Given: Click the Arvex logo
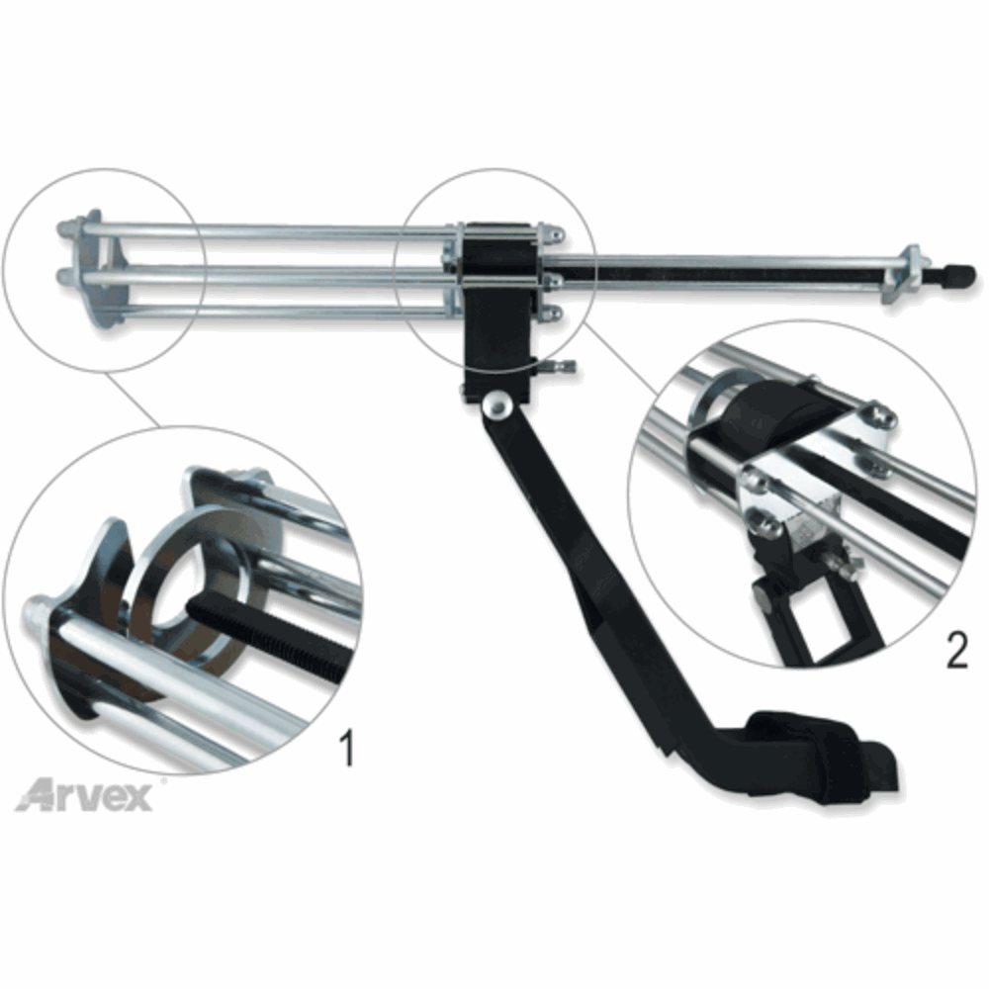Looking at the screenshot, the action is pyautogui.click(x=84, y=795).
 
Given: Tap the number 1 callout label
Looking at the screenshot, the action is pyautogui.click(x=346, y=748).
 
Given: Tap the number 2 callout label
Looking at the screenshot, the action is pyautogui.click(x=956, y=651).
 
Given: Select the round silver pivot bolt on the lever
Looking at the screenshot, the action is pyautogui.click(x=497, y=405).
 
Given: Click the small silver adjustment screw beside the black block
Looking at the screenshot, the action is pyautogui.click(x=558, y=366).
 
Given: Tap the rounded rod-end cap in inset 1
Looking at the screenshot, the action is pyautogui.click(x=40, y=611).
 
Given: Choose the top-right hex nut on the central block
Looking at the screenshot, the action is pyautogui.click(x=555, y=235).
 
